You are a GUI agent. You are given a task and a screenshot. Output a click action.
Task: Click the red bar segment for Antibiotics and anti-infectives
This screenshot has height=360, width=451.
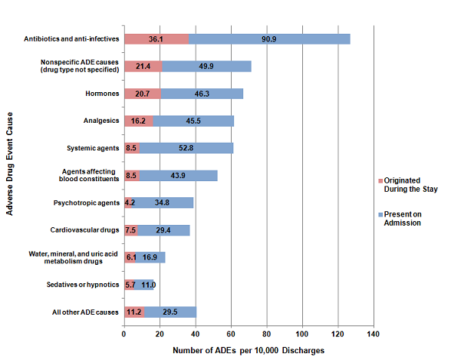[x=156, y=39]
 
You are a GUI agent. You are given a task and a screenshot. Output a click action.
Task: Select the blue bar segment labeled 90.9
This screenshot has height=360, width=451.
[x=268, y=39]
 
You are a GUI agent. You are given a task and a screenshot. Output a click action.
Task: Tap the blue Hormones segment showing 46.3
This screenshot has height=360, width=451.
[x=202, y=94]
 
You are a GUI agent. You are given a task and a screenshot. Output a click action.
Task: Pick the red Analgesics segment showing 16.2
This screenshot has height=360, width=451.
[x=139, y=121]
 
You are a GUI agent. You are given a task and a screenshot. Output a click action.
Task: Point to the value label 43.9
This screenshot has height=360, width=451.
[x=179, y=176]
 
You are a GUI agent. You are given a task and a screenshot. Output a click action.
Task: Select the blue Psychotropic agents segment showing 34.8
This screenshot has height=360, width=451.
[x=163, y=203]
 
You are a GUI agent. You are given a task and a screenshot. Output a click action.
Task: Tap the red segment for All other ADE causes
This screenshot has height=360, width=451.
[x=134, y=312]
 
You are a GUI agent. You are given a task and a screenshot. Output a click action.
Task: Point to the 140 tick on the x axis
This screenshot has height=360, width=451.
[x=374, y=334]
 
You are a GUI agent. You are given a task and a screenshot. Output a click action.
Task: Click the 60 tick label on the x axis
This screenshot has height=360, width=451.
[x=231, y=334]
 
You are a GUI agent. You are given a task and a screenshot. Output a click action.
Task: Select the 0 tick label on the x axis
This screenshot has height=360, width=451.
[x=124, y=334]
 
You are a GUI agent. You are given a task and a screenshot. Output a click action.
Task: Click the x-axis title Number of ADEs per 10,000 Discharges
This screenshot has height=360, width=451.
[x=249, y=350]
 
